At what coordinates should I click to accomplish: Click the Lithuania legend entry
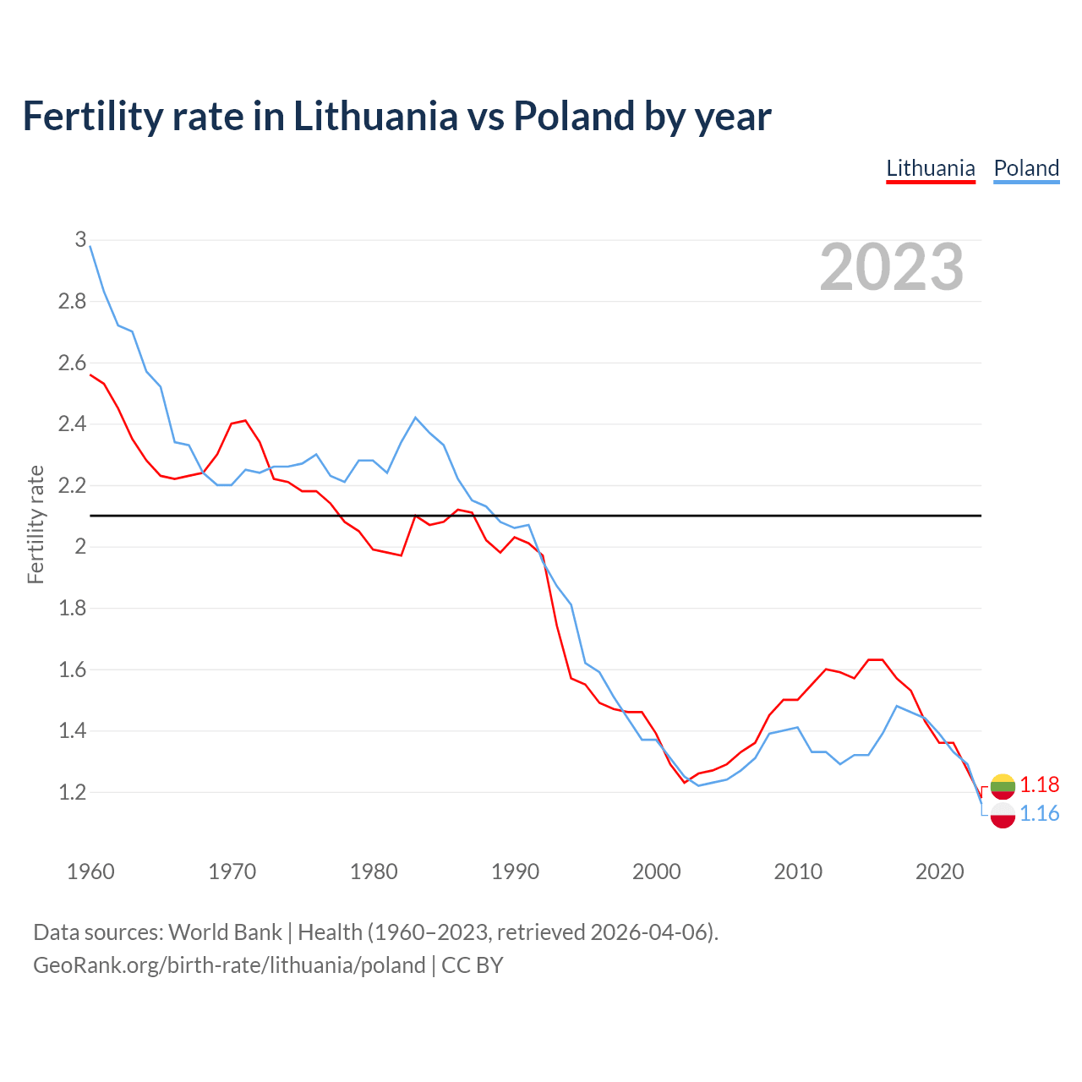931,168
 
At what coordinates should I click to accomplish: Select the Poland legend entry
1026,168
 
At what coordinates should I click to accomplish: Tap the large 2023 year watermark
892,267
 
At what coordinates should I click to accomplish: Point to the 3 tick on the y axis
80,240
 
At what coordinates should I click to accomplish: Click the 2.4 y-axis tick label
73,424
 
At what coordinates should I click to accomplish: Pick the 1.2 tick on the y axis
73,793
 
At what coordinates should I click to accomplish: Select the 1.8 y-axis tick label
73,609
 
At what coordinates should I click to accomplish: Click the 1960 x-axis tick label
90,872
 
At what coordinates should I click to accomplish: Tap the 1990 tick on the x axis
515,872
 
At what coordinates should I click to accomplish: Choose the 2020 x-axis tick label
939,872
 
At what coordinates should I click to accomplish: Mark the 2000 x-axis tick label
656,872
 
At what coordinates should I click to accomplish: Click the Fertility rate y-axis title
36,524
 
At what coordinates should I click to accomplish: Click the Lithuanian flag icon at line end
1003,786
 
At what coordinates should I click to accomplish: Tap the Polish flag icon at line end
1003,815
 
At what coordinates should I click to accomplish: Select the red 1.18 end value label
1039,785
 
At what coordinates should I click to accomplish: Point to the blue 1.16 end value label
1039,814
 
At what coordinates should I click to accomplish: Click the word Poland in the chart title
573,116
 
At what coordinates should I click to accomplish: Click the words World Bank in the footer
225,932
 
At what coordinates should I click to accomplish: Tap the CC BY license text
473,965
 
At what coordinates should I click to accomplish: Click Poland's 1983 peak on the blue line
415,418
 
